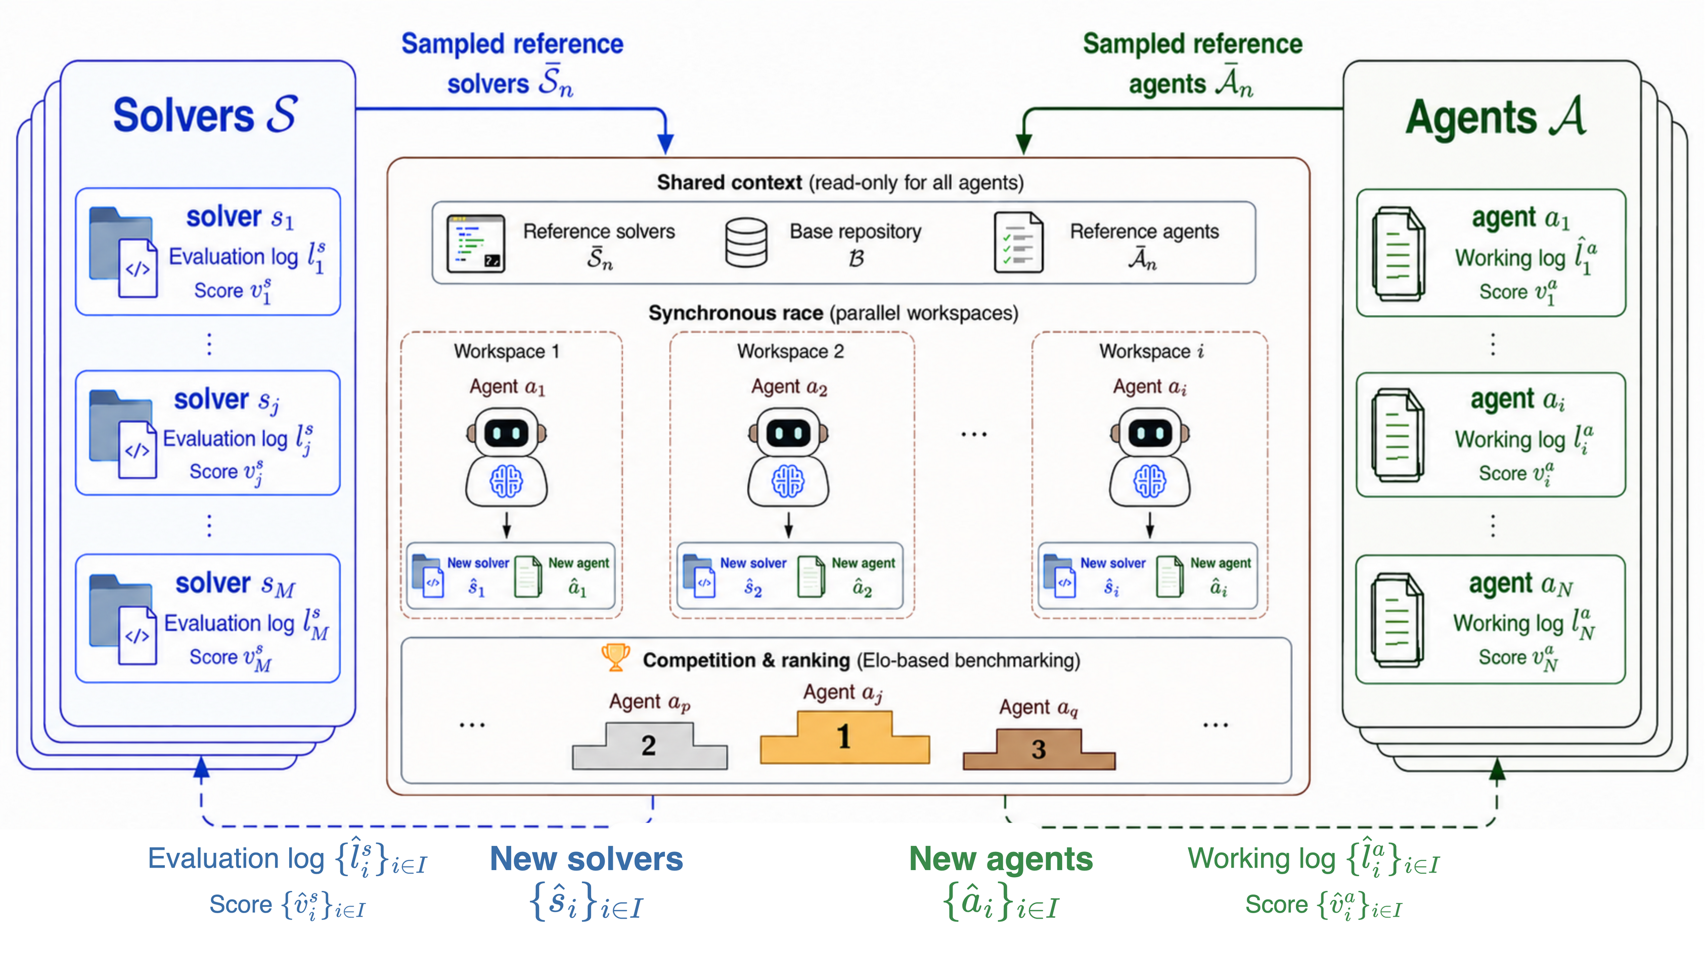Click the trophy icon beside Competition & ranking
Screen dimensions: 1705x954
pyautogui.click(x=615, y=658)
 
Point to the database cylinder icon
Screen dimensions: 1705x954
pyautogui.click(x=746, y=243)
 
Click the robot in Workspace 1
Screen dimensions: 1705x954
pyautogui.click(x=506, y=457)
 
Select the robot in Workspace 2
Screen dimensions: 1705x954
pyautogui.click(x=788, y=457)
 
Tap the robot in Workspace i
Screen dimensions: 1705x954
pyautogui.click(x=1150, y=457)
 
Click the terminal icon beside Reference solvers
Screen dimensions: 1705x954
pyautogui.click(x=475, y=243)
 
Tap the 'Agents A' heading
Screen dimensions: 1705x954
pyautogui.click(x=1496, y=117)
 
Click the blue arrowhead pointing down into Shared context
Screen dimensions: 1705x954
pyautogui.click(x=665, y=144)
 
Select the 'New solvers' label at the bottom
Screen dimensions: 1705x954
pyautogui.click(x=587, y=859)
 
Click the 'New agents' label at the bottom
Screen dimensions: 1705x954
pyautogui.click(x=1001, y=859)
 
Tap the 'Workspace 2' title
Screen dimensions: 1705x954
pyautogui.click(x=791, y=351)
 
